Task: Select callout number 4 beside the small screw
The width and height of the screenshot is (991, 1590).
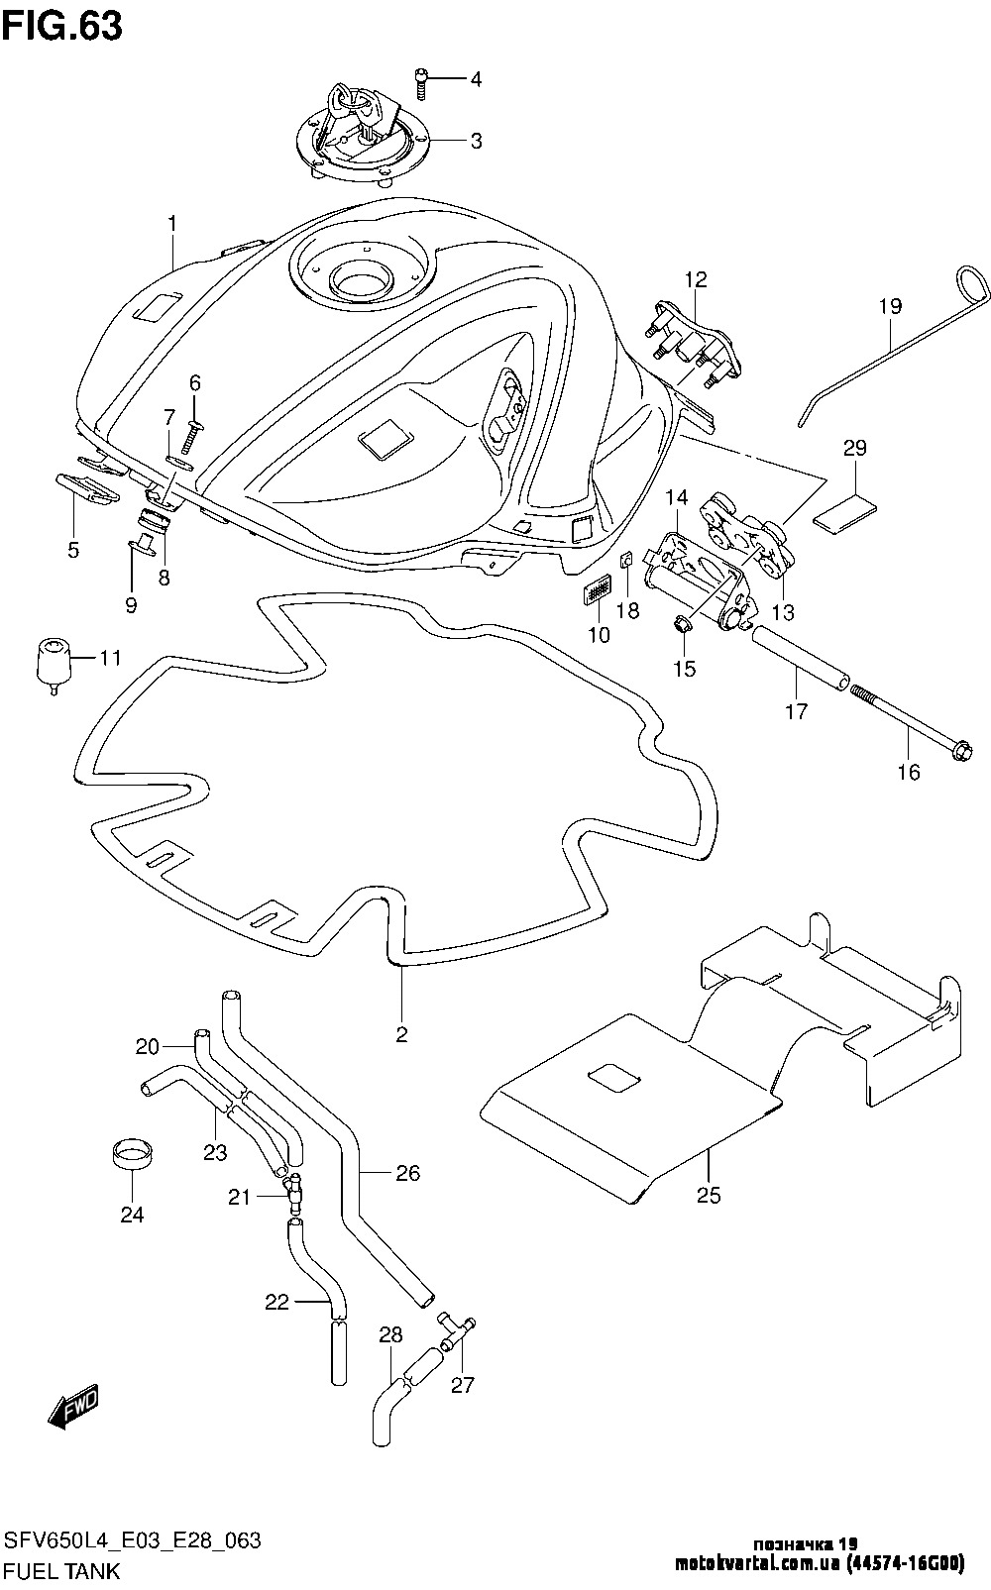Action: (x=476, y=79)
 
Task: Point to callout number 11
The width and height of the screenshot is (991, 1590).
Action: (x=109, y=657)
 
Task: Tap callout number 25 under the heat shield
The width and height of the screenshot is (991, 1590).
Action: (x=708, y=1195)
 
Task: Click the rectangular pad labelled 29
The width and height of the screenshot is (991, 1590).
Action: (x=845, y=511)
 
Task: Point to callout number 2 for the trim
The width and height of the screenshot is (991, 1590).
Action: (x=401, y=1035)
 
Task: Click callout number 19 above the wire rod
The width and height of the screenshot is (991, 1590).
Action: (x=889, y=306)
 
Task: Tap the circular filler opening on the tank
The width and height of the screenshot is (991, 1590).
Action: (x=363, y=278)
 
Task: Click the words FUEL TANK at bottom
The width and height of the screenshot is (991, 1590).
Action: (x=62, y=1570)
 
